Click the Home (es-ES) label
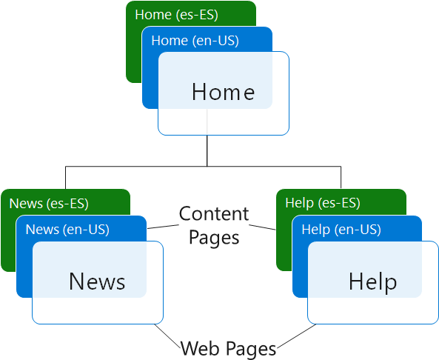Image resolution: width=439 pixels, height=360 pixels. click(171, 14)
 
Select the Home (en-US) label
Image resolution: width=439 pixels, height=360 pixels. click(195, 41)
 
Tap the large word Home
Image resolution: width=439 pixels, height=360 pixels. click(223, 93)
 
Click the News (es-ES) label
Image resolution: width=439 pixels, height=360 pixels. click(48, 203)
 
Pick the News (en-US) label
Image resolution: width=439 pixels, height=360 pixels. click(67, 230)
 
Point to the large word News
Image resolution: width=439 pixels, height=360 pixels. click(97, 281)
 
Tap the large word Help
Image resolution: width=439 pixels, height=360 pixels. click(372, 281)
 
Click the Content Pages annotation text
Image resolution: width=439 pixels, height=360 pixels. click(214, 225)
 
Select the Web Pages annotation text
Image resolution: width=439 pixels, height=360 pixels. click(229, 347)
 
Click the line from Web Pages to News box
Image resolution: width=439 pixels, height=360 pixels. click(171, 334)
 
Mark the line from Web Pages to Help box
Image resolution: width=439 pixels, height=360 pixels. click(292, 335)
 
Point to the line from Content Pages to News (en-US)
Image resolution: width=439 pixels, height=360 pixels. click(162, 225)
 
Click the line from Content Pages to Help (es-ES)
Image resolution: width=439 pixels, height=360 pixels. click(264, 225)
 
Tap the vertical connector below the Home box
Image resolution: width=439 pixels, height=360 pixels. click(207, 151)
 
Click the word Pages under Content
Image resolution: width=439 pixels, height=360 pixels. click(214, 237)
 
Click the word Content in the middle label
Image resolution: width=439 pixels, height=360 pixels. click(214, 214)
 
